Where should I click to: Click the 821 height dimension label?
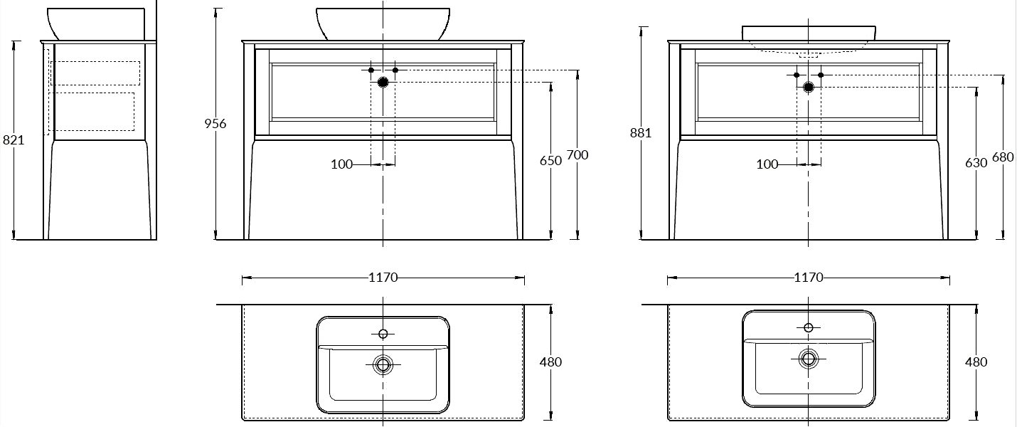pos(14,140)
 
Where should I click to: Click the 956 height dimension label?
pos(215,124)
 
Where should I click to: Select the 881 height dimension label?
pos(641,132)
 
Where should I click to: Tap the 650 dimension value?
pos(550,161)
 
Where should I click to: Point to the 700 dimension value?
pos(577,155)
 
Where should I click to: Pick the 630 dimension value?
pos(976,163)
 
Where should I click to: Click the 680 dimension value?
pos(1003,157)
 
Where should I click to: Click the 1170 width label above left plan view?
pos(383,277)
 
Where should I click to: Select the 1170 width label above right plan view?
pos(809,277)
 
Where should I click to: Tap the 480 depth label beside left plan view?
pos(550,362)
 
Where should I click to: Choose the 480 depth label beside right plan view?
pos(976,362)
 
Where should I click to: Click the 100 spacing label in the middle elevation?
pos(342,164)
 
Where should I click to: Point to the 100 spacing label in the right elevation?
pos(767,164)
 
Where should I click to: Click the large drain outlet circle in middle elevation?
pos(383,83)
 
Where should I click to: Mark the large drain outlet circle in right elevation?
pos(809,87)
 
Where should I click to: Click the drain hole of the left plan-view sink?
pos(383,364)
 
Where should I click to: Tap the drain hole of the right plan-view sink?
pos(809,359)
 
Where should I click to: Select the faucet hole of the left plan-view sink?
pos(383,334)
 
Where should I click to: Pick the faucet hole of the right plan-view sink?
pos(809,327)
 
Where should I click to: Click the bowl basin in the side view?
pos(96,23)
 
